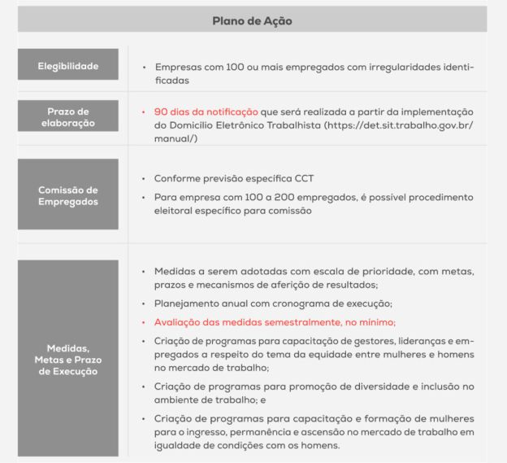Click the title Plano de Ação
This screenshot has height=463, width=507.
252,20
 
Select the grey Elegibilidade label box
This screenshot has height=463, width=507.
67,66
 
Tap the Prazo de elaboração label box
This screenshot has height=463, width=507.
67,117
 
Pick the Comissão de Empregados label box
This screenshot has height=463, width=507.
67,195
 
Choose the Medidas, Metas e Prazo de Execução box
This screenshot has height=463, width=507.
67,359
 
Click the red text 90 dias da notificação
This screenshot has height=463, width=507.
206,111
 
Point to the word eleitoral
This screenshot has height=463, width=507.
172,211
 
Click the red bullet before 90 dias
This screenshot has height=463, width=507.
143,111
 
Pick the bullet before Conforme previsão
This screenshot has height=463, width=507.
143,178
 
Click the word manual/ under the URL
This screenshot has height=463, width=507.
171,139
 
